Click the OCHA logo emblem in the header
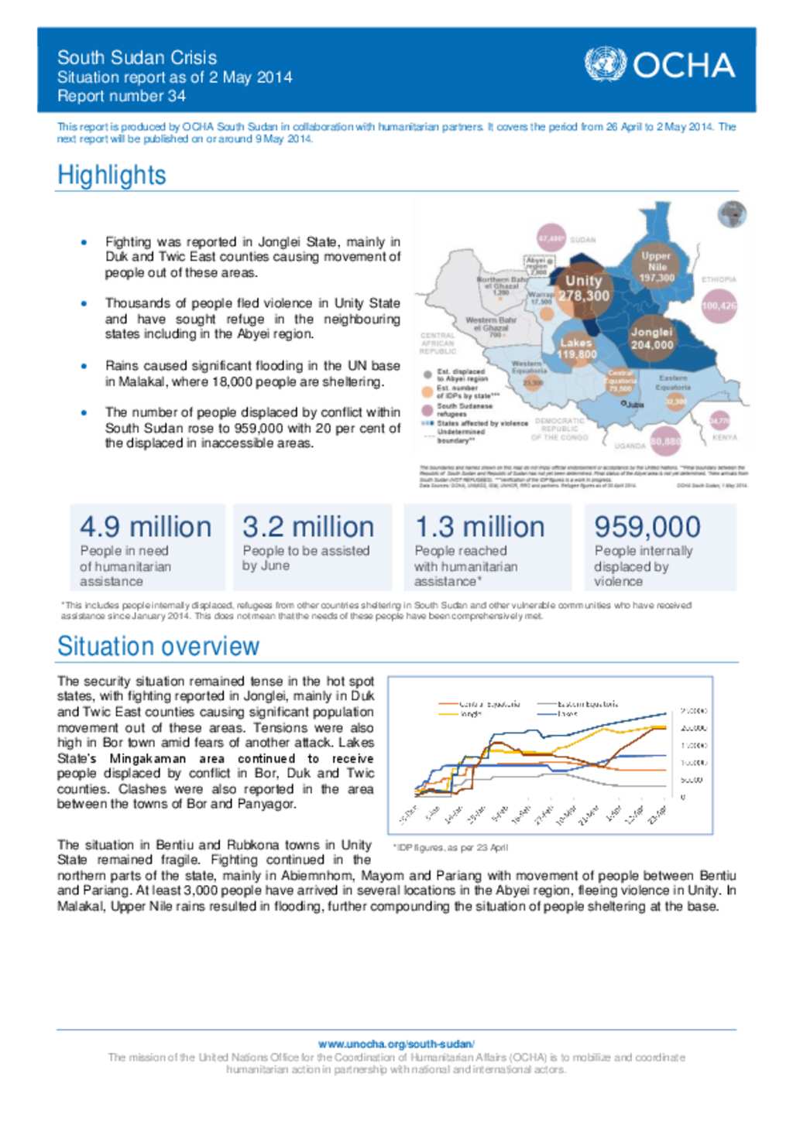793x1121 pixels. tap(605, 64)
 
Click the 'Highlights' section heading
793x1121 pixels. tap(112, 175)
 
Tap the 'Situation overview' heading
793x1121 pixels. tap(158, 646)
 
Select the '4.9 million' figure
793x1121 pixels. tap(146, 527)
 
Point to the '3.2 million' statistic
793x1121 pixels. tap(308, 527)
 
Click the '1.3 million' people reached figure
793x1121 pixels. tap(479, 527)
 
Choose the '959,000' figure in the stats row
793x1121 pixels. tap(647, 527)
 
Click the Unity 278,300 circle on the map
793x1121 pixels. tap(583, 289)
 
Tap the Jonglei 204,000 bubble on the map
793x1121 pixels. tap(651, 339)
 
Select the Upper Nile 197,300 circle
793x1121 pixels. tap(656, 267)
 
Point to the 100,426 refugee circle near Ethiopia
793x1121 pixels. tap(719, 306)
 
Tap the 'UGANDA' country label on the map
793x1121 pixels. tap(630, 446)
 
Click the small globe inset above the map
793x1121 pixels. tap(732, 214)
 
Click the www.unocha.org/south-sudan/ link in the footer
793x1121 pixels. tap(396, 1044)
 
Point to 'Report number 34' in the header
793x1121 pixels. tap(122, 96)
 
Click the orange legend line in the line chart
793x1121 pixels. tap(448, 704)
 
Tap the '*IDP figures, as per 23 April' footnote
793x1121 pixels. tap(451, 847)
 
